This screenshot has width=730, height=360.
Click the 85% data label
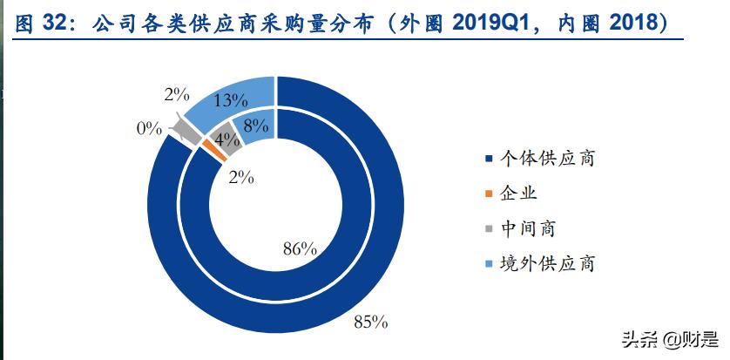[x=369, y=323]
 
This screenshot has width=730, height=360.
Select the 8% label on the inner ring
[x=255, y=126]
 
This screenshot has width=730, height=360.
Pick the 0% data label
[x=149, y=128]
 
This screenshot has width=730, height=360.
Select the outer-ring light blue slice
[x=228, y=98]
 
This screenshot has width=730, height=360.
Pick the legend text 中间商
[x=528, y=228]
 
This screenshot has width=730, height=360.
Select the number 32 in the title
[x=57, y=24]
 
